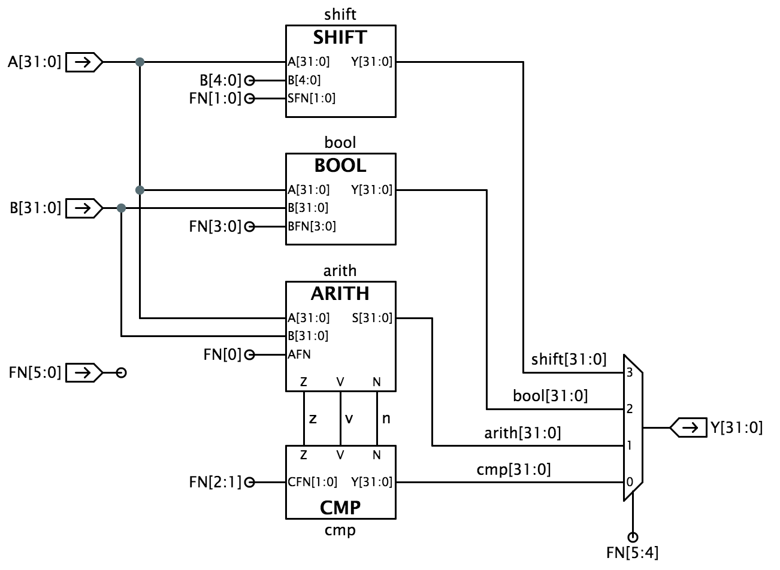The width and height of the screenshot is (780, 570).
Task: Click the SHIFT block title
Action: coord(340,38)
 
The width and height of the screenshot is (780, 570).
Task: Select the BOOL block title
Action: coord(340,165)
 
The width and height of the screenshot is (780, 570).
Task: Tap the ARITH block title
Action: coord(340,294)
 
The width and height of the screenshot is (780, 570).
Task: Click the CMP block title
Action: coord(340,508)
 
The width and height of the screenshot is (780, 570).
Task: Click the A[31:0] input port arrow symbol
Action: coord(84,61)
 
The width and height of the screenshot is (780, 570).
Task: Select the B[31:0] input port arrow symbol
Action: coord(84,208)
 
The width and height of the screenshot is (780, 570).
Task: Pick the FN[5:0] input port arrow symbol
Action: coord(84,372)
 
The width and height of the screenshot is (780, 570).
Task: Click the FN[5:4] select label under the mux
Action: coord(633,553)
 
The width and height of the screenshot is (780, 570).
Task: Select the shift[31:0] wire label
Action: coord(569,359)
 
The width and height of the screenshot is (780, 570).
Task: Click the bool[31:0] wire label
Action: coord(551,396)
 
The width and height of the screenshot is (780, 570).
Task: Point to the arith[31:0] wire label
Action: coord(522,432)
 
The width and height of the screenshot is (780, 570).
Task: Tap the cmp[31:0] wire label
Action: coord(513,469)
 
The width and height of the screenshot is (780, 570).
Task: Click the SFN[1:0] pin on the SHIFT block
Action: coord(312,98)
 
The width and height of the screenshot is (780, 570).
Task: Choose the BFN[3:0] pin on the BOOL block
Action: coord(312,226)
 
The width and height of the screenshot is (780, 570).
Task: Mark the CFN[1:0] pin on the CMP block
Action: coord(312,482)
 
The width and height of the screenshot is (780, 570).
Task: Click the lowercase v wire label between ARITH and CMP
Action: coord(349,418)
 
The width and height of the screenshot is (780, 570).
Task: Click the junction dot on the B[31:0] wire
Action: coord(122,208)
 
